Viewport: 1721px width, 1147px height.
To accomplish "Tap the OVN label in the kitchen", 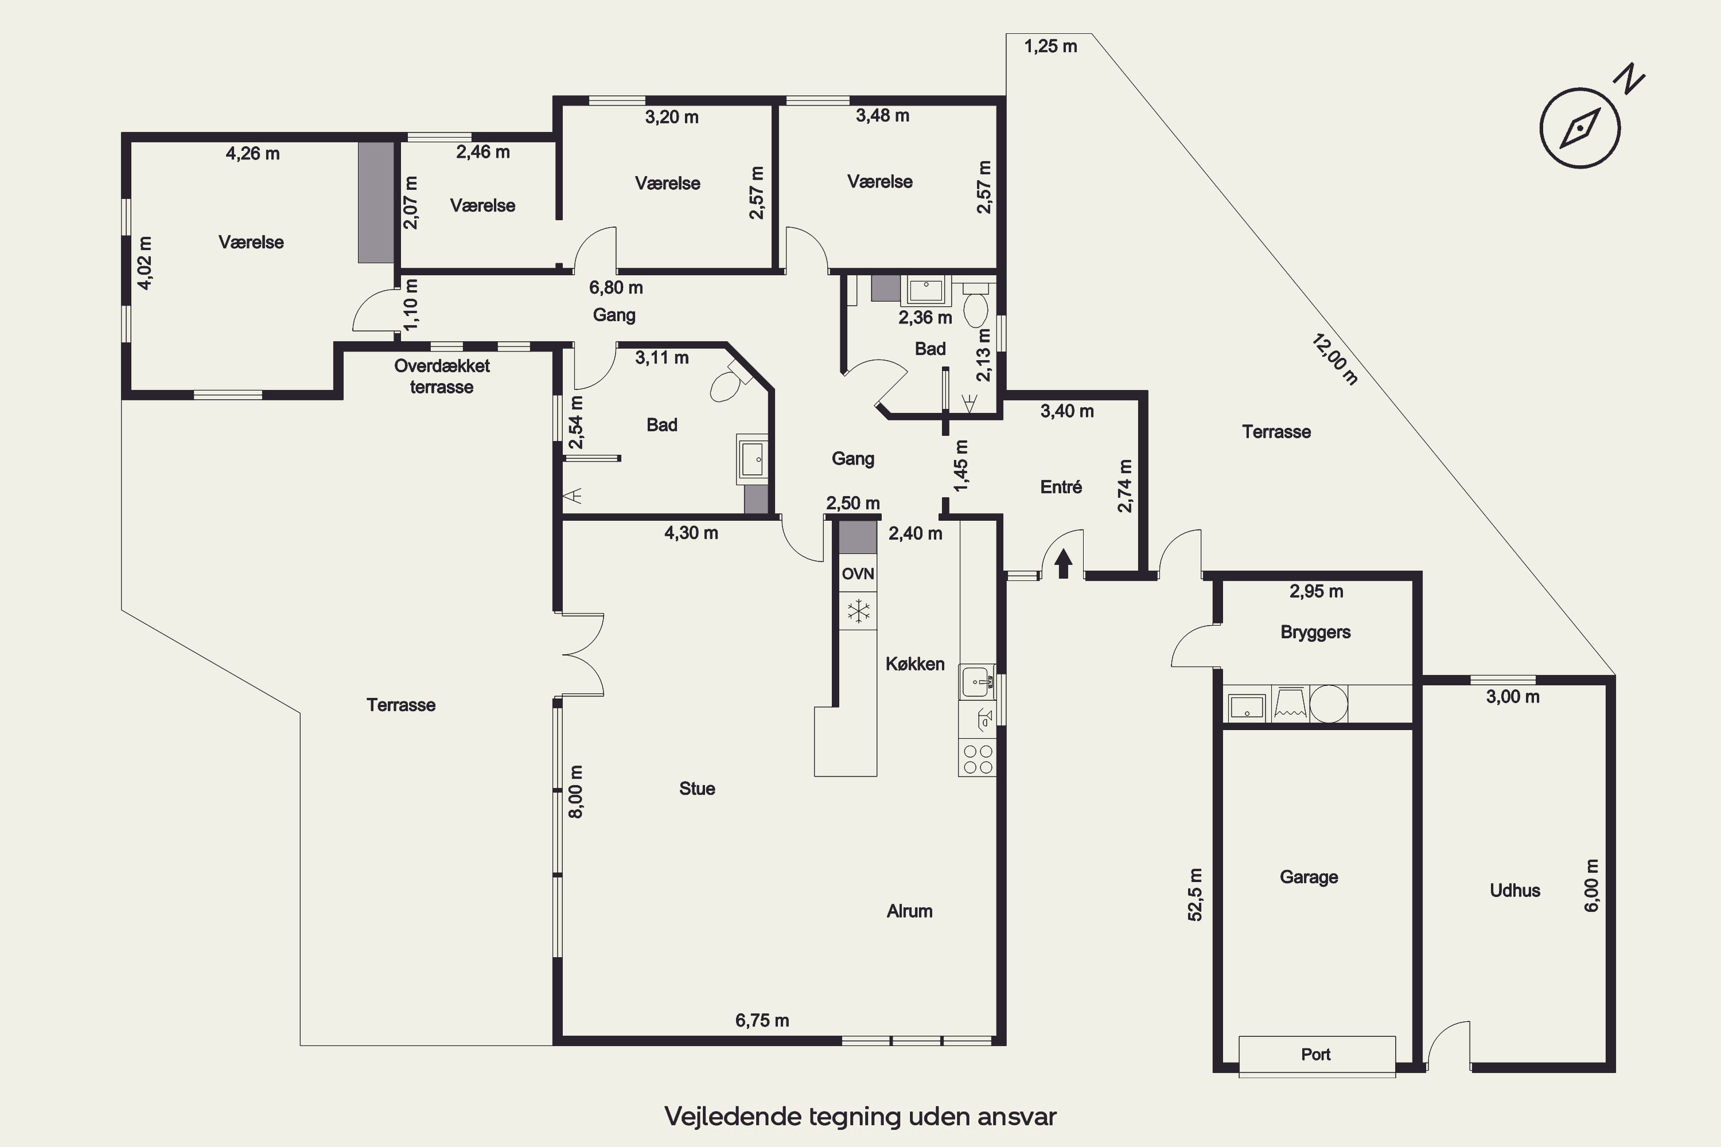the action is click(858, 573).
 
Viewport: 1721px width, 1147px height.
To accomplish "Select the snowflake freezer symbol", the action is click(858, 611).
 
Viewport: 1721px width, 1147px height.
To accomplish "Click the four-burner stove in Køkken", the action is click(978, 759).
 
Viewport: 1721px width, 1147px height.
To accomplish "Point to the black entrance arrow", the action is click(1063, 563).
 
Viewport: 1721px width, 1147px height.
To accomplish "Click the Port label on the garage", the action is click(1315, 1054).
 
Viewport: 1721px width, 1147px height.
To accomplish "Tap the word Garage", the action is click(1309, 877).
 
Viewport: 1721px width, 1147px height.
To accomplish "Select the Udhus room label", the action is click(1514, 890).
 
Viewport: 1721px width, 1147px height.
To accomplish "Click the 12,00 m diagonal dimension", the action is click(1335, 358).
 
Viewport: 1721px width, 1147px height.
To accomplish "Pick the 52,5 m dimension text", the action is click(1194, 894).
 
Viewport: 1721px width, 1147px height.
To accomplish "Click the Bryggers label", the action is click(1315, 632).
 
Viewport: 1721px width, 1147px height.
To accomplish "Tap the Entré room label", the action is click(1061, 486).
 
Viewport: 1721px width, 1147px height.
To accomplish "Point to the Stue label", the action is click(696, 788).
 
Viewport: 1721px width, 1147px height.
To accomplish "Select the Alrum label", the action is click(909, 911).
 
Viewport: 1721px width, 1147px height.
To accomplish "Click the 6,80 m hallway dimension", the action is click(616, 287).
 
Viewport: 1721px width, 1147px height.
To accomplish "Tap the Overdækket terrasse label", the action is click(442, 376).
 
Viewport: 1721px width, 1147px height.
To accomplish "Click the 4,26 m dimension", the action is click(252, 154).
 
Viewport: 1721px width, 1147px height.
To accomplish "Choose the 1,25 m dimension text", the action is click(1051, 46).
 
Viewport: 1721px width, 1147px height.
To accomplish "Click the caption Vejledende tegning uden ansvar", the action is click(860, 1116).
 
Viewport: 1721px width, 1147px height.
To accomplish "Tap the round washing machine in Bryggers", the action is click(1328, 704).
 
